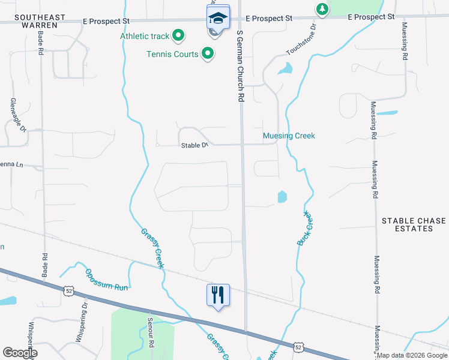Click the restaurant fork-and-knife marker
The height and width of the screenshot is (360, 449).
pos(218,295)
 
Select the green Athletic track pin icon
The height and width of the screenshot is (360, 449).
pos(178,36)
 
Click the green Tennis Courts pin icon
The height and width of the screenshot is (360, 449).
pos(208,54)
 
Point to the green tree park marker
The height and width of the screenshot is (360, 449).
pos(322,8)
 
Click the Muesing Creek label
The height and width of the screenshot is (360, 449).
pos(289,136)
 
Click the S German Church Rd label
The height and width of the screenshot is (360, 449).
pos(241,66)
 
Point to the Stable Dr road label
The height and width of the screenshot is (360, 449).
pos(195,145)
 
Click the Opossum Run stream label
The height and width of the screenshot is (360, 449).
pos(107,279)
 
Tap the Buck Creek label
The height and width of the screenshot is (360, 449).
pos(306,227)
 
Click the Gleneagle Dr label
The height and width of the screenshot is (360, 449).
pos(19,116)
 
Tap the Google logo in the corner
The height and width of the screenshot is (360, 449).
pos(20,353)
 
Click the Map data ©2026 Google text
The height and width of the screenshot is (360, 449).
pos(412,355)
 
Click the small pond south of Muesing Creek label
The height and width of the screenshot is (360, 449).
pos(282,196)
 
